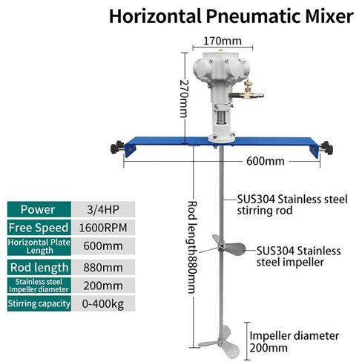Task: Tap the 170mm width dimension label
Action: (x=223, y=41)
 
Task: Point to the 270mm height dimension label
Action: (x=183, y=99)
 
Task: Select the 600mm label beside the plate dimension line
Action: (x=266, y=161)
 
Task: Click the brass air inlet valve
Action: (x=247, y=92)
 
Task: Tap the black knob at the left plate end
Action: (x=116, y=148)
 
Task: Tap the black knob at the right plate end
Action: (x=327, y=148)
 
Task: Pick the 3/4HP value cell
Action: (x=103, y=210)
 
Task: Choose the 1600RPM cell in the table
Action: (x=103, y=228)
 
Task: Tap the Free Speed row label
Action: (x=39, y=228)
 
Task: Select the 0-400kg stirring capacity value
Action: (x=103, y=303)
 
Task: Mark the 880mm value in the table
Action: (x=103, y=268)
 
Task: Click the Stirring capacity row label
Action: (x=39, y=303)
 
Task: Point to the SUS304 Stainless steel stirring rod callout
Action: (x=292, y=205)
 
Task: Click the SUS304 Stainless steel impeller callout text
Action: (x=298, y=257)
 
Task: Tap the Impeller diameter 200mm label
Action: (x=294, y=342)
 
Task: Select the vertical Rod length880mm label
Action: (x=192, y=247)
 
